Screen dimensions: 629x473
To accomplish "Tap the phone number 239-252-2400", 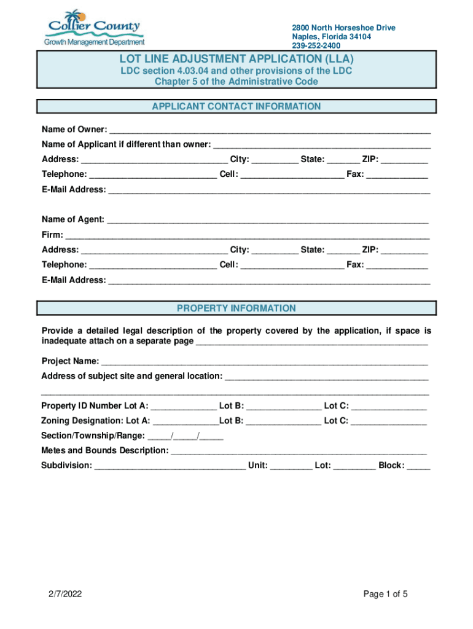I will tap(316, 45).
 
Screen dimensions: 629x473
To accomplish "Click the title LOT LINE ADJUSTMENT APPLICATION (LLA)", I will tap(237, 60).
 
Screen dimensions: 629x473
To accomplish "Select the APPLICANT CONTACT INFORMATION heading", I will tap(237, 107).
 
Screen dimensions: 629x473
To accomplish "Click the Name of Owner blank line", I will tap(269, 130).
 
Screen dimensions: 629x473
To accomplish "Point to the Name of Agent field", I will tap(267, 220).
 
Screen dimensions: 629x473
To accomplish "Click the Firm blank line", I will tap(247, 235).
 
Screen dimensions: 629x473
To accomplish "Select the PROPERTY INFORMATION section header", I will tap(237, 308).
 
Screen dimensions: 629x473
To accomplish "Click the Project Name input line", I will tap(264, 361).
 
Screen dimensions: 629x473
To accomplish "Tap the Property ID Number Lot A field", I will tap(184, 407).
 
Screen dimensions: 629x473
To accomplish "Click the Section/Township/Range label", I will tap(93, 436).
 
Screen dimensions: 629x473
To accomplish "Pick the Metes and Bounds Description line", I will tap(299, 451).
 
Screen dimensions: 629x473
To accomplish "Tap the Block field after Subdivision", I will tap(418, 466).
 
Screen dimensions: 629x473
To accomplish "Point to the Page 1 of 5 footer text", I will tap(385, 594).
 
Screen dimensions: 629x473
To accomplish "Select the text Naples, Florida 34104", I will tap(331, 37).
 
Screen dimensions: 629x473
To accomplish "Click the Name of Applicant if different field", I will tap(321, 145).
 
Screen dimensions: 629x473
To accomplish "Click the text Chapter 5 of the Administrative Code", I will tap(237, 82).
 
